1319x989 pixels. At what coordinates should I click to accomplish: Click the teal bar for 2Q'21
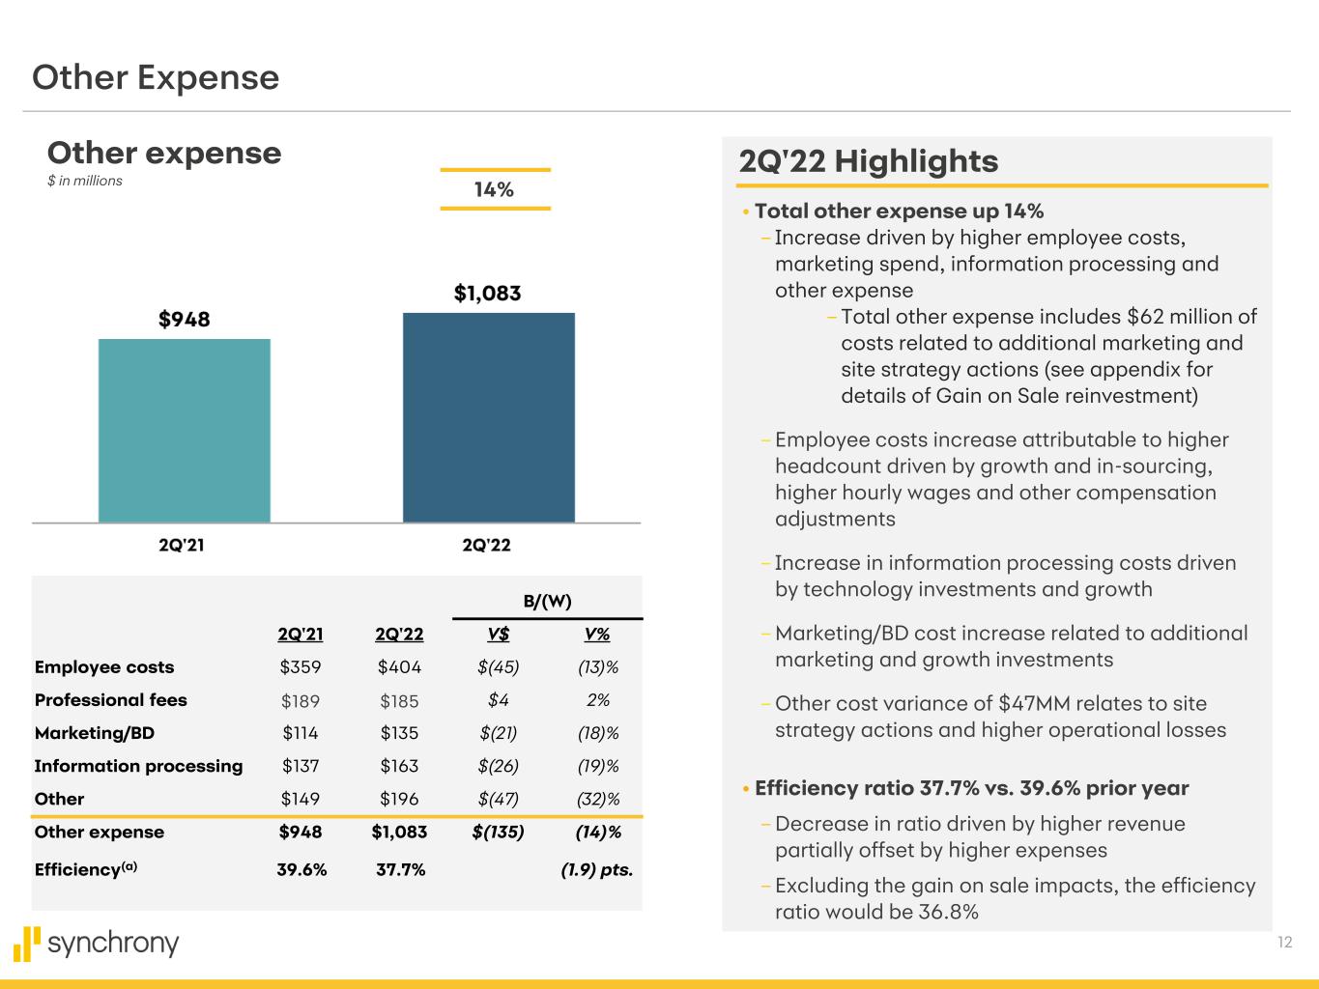pyautogui.click(x=184, y=431)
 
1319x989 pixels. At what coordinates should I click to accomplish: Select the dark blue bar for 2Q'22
pyautogui.click(x=488, y=417)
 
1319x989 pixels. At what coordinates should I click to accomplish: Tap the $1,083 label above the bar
pyautogui.click(x=488, y=294)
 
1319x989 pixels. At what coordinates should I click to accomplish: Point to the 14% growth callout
pyautogui.click(x=494, y=189)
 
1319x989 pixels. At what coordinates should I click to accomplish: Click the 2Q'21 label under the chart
pyautogui.click(x=182, y=546)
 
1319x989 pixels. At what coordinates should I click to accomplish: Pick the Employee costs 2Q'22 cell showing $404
pyautogui.click(x=399, y=667)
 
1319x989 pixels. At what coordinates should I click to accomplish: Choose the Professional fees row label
pyautogui.click(x=110, y=700)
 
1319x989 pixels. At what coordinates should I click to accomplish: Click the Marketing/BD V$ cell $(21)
pyautogui.click(x=499, y=733)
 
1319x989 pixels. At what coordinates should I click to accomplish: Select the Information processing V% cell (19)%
pyautogui.click(x=597, y=766)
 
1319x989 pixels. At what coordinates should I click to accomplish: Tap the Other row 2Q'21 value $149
pyautogui.click(x=301, y=799)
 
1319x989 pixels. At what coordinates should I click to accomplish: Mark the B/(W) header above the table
pyautogui.click(x=547, y=602)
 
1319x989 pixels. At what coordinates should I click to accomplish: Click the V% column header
pyautogui.click(x=597, y=635)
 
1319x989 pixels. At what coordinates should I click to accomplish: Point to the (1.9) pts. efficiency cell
pyautogui.click(x=596, y=869)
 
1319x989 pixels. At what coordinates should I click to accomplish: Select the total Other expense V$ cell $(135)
pyautogui.click(x=499, y=832)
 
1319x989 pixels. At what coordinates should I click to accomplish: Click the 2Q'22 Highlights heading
pyautogui.click(x=868, y=161)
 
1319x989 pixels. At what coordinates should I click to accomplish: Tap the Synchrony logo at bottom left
pyautogui.click(x=97, y=943)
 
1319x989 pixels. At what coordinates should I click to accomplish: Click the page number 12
pyautogui.click(x=1284, y=943)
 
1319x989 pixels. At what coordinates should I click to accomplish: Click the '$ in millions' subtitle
pyautogui.click(x=85, y=181)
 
